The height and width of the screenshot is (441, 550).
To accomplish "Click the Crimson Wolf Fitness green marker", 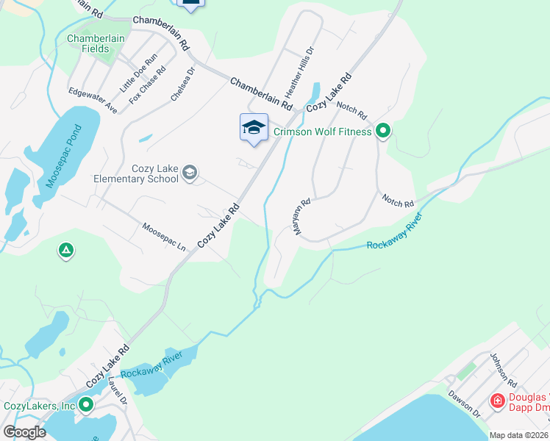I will (382, 132).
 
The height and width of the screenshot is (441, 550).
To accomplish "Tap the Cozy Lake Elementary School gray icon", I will (190, 173).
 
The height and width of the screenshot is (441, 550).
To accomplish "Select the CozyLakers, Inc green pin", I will (87, 405).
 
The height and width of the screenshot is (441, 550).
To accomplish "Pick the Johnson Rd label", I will (508, 370).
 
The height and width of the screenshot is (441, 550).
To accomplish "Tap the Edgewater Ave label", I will (93, 101).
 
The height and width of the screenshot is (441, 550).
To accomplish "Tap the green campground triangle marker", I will (66, 251).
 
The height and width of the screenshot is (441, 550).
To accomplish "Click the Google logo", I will (24, 432).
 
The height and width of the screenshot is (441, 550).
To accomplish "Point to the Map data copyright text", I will (519, 435).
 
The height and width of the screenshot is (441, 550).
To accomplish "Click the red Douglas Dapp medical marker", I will (497, 401).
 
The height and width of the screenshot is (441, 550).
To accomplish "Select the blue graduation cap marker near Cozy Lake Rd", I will (254, 128).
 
